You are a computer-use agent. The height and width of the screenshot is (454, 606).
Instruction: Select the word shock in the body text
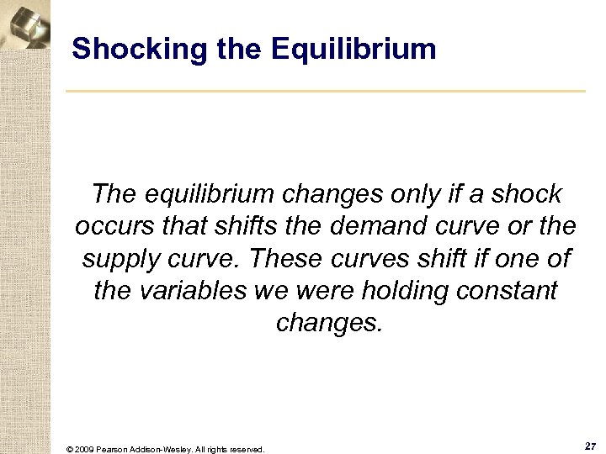click(x=527, y=195)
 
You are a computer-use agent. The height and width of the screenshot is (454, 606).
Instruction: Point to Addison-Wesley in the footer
click(x=166, y=449)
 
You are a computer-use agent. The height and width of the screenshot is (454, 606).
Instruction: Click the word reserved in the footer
click(x=246, y=449)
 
